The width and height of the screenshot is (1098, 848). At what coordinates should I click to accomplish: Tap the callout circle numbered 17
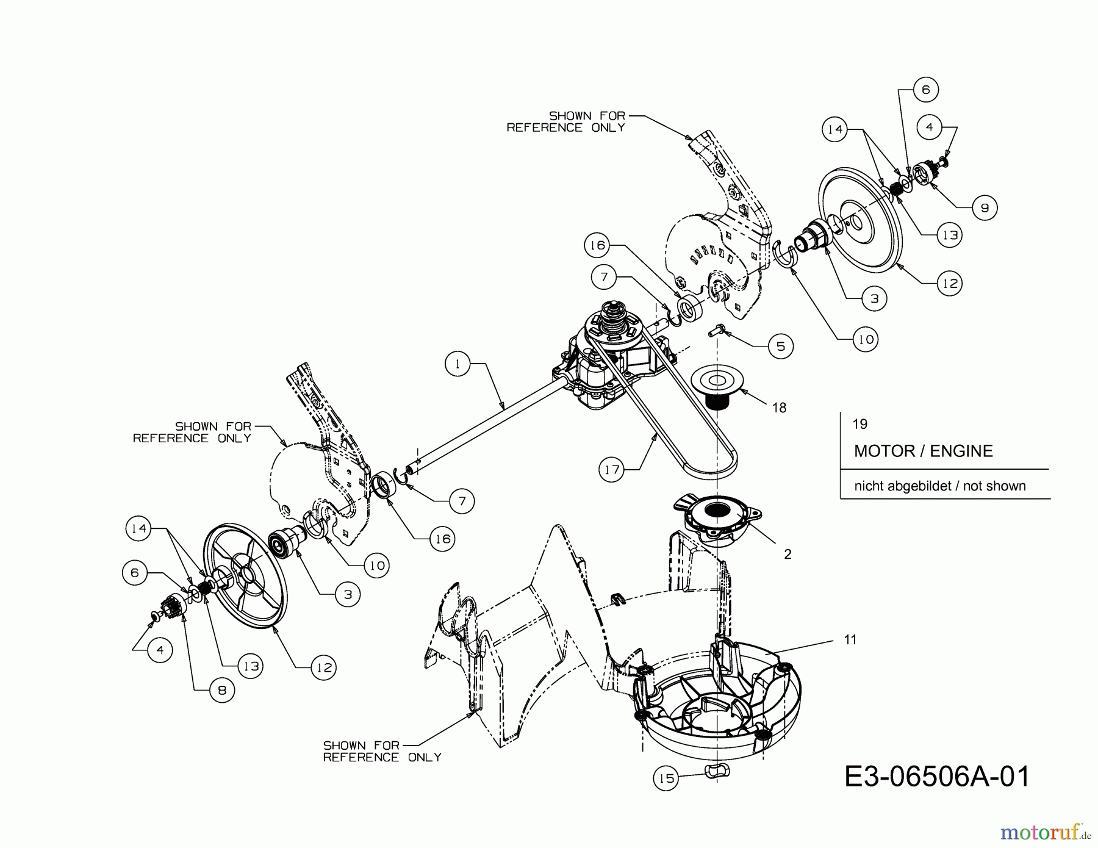(612, 469)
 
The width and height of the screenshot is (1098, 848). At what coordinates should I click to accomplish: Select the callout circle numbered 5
(780, 347)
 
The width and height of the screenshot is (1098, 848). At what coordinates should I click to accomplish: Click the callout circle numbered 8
(221, 690)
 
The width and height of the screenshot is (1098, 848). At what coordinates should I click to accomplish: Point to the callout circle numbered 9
(985, 208)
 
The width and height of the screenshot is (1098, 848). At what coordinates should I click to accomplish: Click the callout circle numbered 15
(666, 778)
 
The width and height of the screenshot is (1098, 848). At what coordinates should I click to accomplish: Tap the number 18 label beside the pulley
(779, 408)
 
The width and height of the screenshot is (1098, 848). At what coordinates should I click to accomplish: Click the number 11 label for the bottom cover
(850, 639)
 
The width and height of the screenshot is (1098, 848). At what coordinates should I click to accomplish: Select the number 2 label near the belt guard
(788, 554)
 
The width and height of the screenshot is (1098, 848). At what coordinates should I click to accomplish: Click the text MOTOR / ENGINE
(923, 451)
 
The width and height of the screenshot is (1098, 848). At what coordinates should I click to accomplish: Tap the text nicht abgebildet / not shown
(939, 486)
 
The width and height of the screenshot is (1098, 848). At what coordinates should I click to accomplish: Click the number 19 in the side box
(859, 424)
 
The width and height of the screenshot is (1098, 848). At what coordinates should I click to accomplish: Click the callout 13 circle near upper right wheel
(949, 235)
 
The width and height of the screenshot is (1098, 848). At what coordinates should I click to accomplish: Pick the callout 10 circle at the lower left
(377, 566)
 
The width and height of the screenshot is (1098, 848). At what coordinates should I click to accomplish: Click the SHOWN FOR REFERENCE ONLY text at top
(565, 121)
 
